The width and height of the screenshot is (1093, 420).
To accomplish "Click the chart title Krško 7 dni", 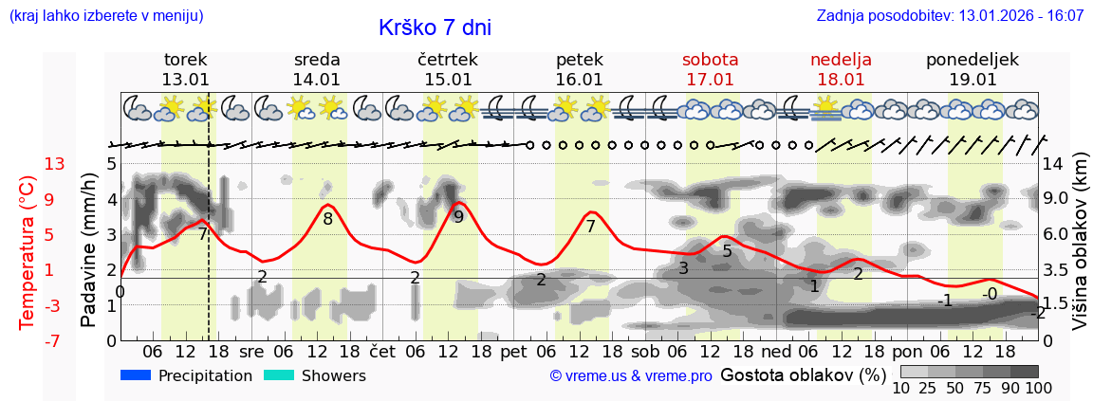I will coord(435,27).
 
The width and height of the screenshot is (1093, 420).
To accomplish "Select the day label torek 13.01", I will coord(185,69).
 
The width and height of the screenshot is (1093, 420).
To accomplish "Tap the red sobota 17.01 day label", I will coord(710,69).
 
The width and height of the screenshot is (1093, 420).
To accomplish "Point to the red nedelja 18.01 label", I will coord(841,69).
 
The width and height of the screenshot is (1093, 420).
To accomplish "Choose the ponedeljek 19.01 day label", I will coord(973,69).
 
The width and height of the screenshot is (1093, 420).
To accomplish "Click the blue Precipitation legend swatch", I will coord(136,375).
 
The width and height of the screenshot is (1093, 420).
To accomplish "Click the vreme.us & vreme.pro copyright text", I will coord(631,376).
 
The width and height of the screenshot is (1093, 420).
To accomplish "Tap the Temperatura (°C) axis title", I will coord(28,252).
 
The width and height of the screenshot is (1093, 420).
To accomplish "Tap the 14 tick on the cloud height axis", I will coord(1053,164).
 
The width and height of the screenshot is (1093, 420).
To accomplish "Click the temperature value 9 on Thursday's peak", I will coord(458,217).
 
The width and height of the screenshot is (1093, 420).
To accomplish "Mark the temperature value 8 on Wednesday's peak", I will coord(327,219).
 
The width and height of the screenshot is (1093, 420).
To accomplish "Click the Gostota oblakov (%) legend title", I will coord(803,374).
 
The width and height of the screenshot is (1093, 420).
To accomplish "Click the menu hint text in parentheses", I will coord(105,16).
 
